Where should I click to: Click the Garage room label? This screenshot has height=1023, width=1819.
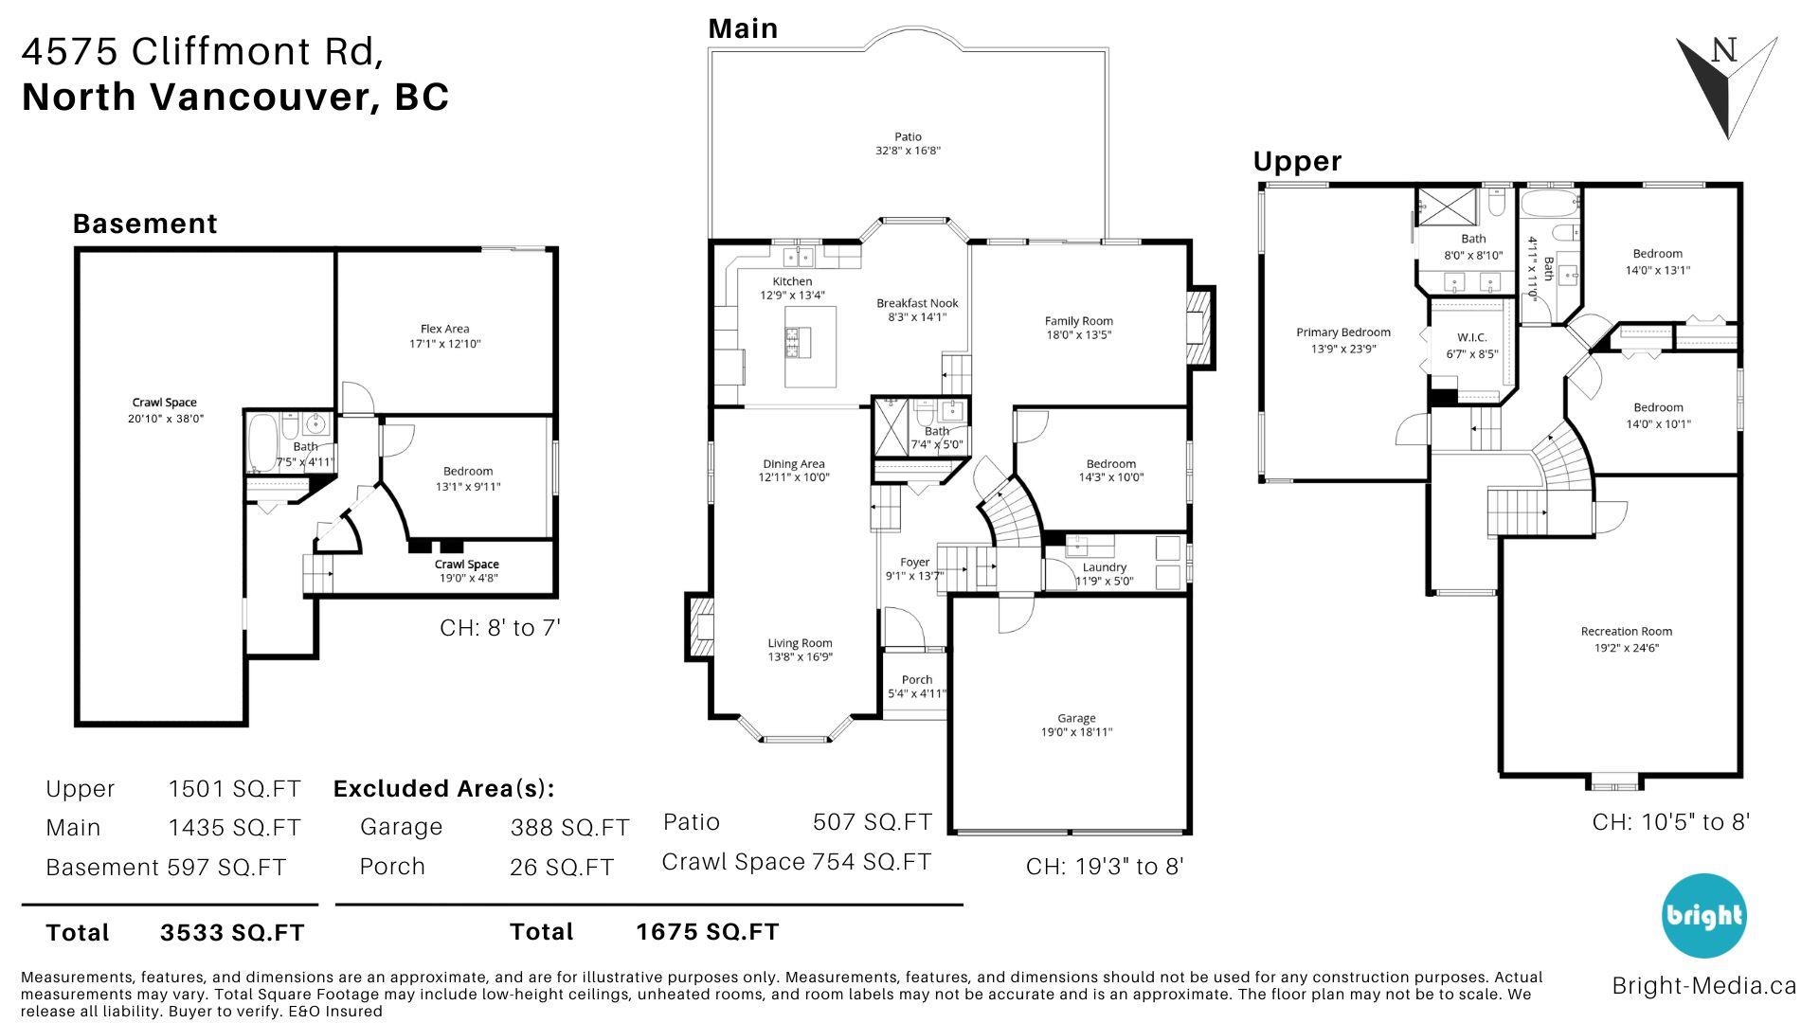coord(1076,718)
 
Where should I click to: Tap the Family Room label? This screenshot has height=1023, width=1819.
coord(1078,321)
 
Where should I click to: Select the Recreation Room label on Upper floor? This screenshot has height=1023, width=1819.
coord(1626,632)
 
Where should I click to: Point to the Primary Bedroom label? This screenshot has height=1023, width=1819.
coord(1343,332)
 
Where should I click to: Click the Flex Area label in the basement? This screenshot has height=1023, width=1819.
coord(445,329)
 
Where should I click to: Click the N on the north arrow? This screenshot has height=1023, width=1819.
coord(1724,51)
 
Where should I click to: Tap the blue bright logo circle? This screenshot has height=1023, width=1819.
coord(1702,915)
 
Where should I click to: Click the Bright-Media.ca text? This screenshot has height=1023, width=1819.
coord(1703,986)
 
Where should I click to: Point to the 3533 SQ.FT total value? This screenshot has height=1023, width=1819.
coord(232,933)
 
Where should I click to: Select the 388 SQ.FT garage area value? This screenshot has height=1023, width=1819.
coord(569,828)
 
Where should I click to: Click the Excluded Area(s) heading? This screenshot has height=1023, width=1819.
coord(443,789)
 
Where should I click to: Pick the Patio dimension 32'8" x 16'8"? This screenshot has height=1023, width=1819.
coord(908,151)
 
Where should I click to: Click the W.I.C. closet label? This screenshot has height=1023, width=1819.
coord(1471,338)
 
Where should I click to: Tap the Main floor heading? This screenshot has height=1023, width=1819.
coord(744,28)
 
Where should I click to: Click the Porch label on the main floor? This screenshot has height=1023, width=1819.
coord(917,679)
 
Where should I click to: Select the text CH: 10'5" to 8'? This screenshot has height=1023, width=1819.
coord(1671,822)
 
